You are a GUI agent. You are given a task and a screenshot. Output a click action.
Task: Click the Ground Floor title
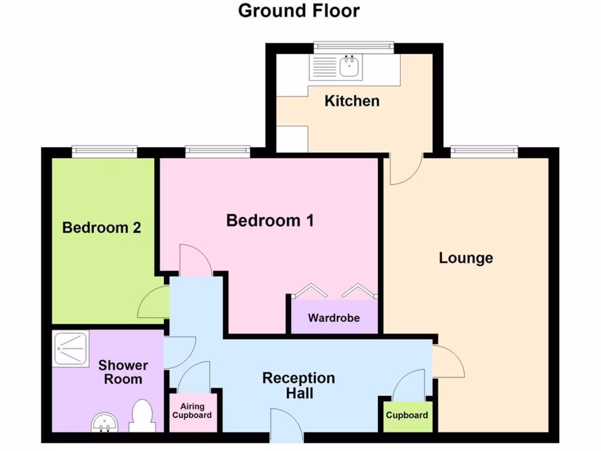[299, 11]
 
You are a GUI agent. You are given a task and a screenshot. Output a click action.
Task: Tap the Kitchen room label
[352, 101]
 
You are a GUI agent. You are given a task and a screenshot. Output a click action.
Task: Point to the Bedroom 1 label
[270, 221]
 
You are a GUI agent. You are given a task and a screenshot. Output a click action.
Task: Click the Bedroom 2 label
[102, 227]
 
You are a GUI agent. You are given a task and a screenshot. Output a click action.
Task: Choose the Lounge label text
[466, 258]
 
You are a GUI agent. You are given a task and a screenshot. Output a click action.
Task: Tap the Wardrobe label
[334, 318]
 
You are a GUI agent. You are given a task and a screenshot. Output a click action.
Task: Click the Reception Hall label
[299, 385]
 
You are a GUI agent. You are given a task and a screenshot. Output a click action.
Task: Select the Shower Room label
[123, 372]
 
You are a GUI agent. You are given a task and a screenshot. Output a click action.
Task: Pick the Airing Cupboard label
[193, 410]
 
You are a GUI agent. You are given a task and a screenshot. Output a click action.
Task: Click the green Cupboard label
[407, 415]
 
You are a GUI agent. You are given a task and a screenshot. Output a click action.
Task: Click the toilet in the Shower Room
[142, 415]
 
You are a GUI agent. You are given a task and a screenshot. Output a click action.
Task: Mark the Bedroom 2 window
[104, 152]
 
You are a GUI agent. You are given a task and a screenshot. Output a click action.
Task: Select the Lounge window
[484, 152]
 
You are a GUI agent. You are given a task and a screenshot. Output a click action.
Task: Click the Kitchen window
[353, 48]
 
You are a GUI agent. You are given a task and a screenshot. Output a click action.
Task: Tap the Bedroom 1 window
[217, 152]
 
